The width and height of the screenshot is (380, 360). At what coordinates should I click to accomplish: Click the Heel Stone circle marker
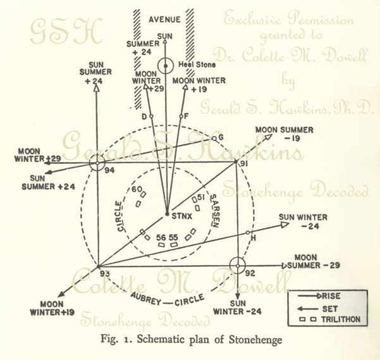pyautogui.click(x=166, y=65)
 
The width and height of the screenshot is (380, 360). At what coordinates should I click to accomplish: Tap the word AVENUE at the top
pyautogui.click(x=165, y=19)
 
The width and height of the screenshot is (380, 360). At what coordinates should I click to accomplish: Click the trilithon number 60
pyautogui.click(x=136, y=189)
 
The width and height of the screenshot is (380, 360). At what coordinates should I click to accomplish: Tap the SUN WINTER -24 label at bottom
pyautogui.click(x=243, y=307)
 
